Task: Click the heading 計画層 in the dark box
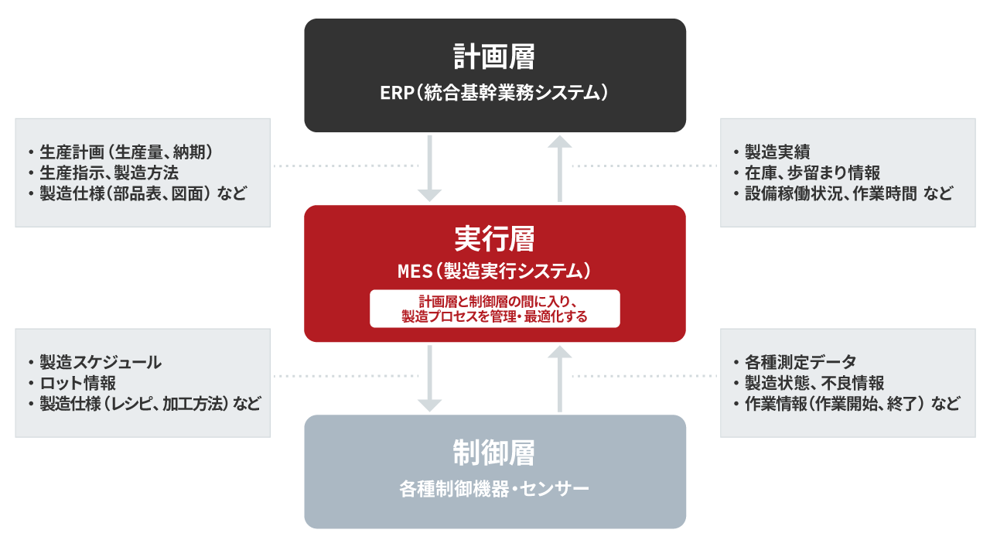[494, 56]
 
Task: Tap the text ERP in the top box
[397, 93]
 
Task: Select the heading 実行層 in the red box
[494, 238]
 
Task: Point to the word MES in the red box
[415, 272]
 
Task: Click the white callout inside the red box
[494, 309]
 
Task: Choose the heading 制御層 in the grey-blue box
[494, 453]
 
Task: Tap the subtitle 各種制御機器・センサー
[494, 489]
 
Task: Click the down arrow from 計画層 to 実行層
[429, 169]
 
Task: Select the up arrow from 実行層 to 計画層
[559, 169]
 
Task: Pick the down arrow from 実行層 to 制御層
[429, 378]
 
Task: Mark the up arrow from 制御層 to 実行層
[559, 378]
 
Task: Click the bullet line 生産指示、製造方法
[104, 173]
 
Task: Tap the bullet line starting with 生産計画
[121, 152]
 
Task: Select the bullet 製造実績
[772, 152]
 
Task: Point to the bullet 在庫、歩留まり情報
[807, 173]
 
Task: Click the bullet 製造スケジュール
[95, 363]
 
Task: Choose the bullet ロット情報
[73, 383]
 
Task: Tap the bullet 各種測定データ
[795, 363]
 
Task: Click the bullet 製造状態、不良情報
[809, 383]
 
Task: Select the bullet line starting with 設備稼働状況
[843, 193]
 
